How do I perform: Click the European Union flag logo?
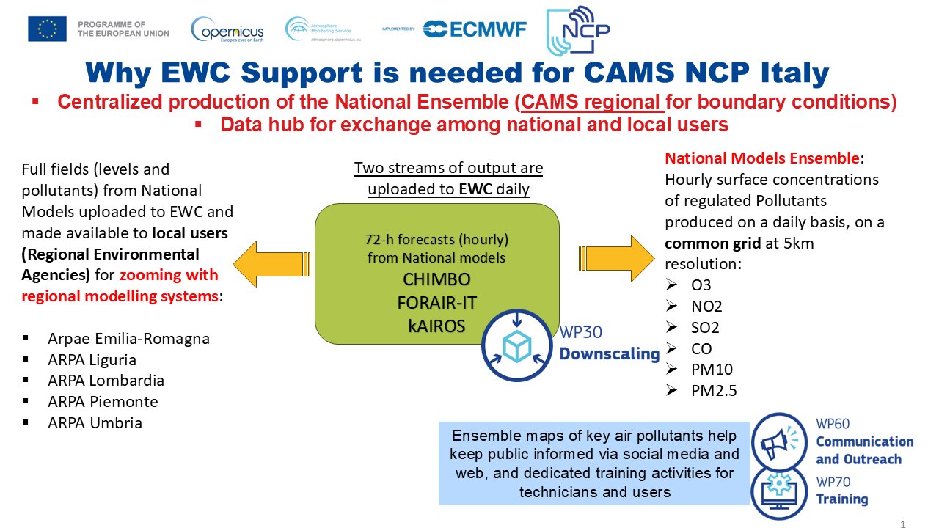pos(47,29)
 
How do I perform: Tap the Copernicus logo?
pos(227,29)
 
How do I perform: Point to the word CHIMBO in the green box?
pos(436,280)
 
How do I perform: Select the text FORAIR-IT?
pos(436,303)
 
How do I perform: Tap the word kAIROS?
pos(436,326)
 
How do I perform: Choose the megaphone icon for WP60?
pos(779,441)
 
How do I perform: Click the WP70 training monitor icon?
pos(779,491)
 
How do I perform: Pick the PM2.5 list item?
pos(713,391)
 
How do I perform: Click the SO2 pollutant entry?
pos(705,327)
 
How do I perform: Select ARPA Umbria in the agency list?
pos(95,423)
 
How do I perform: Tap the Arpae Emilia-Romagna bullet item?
pos(128,339)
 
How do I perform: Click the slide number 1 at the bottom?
pos(903,524)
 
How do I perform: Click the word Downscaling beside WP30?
pos(610,354)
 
